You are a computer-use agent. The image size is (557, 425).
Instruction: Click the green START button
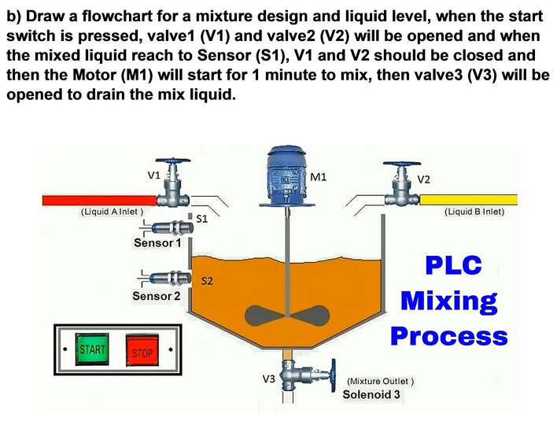pos(93,349)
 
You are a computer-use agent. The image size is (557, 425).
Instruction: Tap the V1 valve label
pos(154,174)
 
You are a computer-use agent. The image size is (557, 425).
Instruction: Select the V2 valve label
pos(423,179)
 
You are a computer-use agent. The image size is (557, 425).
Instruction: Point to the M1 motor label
pos(319,177)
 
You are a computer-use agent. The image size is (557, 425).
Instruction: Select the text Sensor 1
pos(157,244)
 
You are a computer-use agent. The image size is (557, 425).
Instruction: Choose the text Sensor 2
pos(157,297)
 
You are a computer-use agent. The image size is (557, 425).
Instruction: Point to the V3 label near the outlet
pos(268,379)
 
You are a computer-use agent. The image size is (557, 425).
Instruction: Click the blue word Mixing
pos(448,301)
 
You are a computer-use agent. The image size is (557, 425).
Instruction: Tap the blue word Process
pos(448,336)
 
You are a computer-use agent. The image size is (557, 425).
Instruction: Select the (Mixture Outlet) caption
pos(381,381)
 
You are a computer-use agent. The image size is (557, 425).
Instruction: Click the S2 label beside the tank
pos(208,279)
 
